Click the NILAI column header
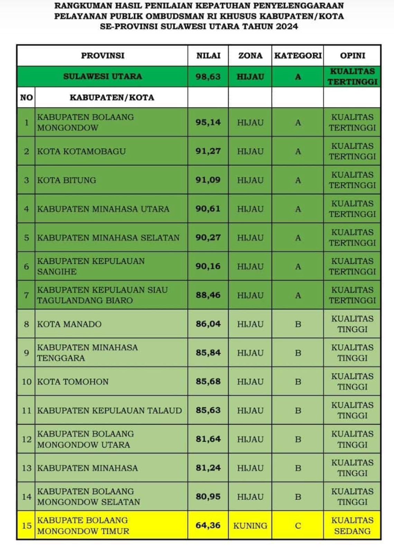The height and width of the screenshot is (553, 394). tap(208, 56)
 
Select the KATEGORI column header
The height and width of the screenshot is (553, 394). tap(298, 56)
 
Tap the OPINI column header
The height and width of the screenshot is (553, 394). tap(352, 56)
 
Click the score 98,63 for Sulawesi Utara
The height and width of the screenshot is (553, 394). tap(208, 76)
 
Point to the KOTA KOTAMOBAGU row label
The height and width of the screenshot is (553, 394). tap(81, 151)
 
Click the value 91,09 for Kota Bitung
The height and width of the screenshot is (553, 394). tap(208, 180)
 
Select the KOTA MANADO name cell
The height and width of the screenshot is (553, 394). tap(69, 324)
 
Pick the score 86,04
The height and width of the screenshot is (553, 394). tap(208, 324)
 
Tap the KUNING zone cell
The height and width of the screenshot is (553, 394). tap(250, 526)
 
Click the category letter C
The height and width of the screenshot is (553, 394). tap(298, 526)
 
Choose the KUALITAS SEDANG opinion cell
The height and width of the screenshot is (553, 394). tap(352, 526)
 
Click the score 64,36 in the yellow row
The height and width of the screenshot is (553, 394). tap(208, 525)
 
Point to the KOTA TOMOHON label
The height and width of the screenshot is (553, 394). tap(73, 382)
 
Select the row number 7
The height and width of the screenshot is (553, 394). tap(26, 295)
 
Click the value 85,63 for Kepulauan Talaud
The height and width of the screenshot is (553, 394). tap(208, 410)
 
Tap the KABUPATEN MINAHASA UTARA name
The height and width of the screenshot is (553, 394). tap(103, 209)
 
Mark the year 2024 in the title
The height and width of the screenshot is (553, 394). tap(287, 27)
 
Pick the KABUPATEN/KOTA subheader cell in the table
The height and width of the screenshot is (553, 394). tap(111, 97)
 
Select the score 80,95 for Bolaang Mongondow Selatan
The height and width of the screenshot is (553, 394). tap(208, 497)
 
